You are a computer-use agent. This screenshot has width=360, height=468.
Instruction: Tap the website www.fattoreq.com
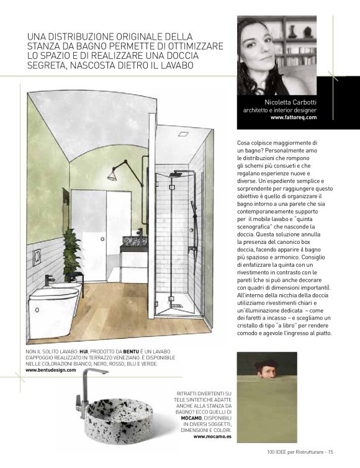(294, 117)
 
